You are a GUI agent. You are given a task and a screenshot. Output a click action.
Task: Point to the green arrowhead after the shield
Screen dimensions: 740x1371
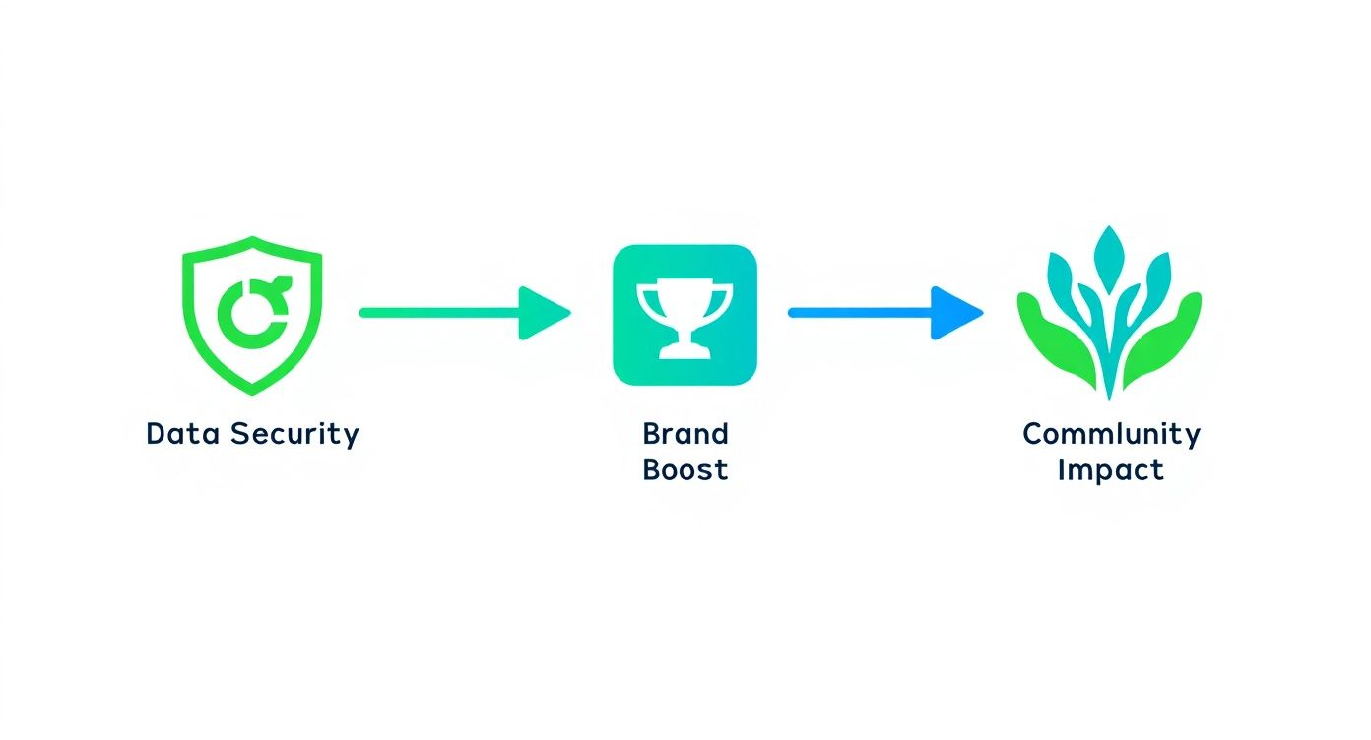point(543,313)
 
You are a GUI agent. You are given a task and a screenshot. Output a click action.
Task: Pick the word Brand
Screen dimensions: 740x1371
point(685,434)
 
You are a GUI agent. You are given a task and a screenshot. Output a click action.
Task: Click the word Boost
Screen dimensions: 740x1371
point(685,469)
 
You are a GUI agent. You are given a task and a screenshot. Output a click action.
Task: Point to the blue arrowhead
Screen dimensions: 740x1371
point(955,313)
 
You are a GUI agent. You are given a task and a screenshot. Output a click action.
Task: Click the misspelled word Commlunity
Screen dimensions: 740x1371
point(1111,434)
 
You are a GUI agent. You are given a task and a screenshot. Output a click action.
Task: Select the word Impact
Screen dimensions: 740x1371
point(1111,469)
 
